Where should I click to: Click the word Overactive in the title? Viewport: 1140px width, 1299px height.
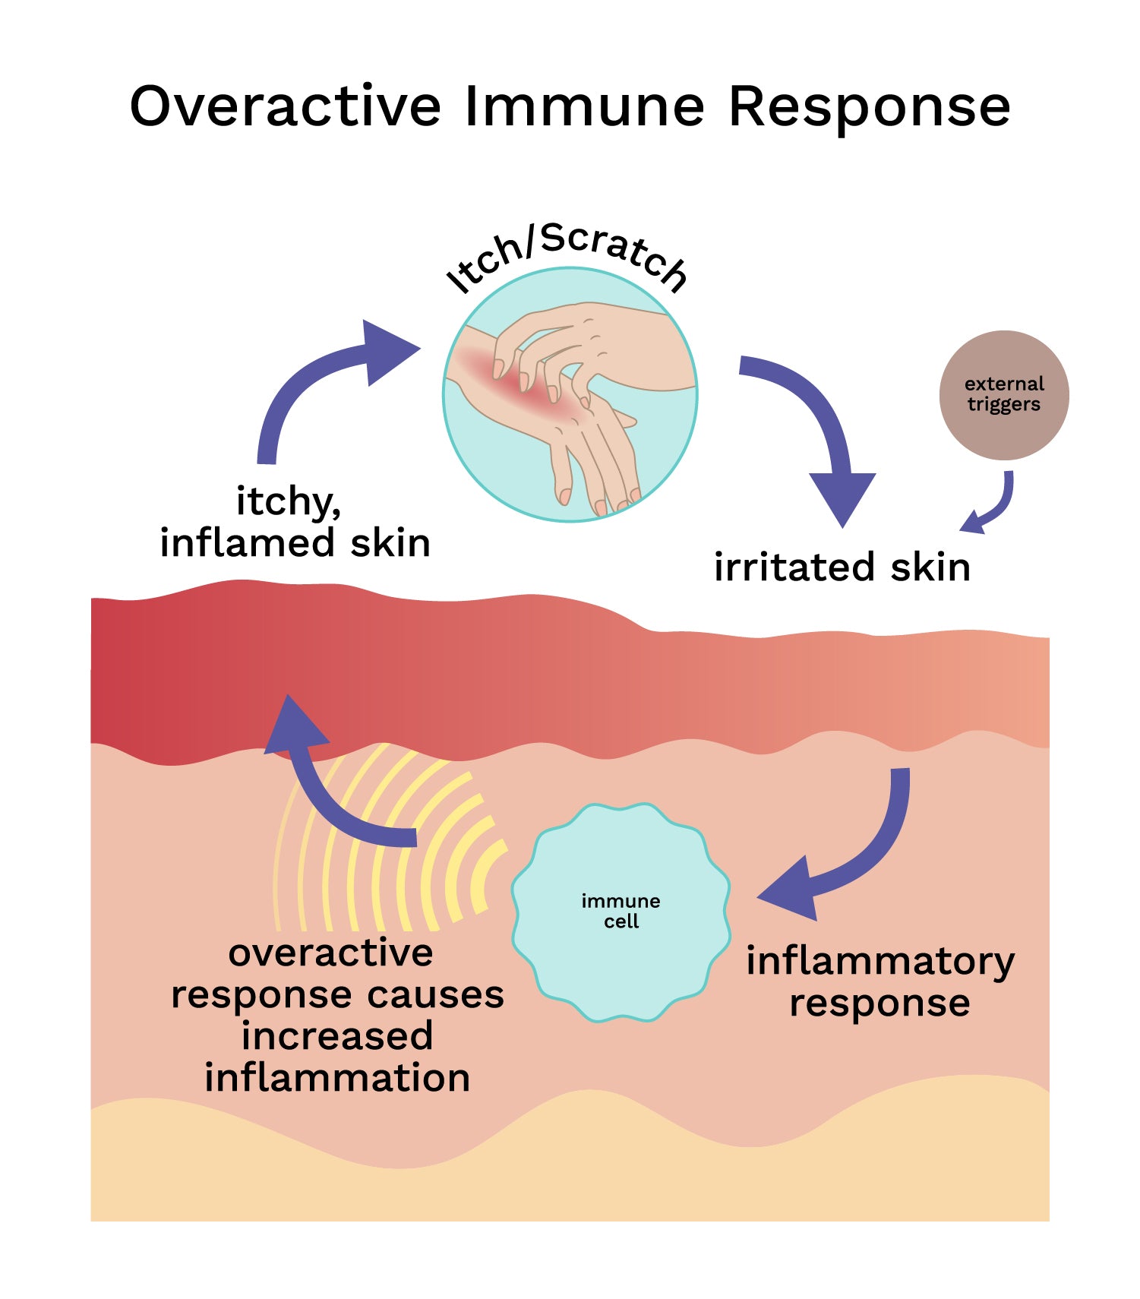(x=285, y=106)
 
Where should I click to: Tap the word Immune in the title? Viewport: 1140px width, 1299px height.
(x=584, y=106)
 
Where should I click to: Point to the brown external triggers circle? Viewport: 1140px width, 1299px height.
(x=1003, y=394)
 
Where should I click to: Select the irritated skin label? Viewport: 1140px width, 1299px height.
(x=842, y=567)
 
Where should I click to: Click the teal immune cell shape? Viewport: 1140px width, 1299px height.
(x=621, y=912)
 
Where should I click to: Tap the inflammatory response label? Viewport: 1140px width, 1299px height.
(x=879, y=981)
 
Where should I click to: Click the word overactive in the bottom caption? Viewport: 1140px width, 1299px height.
(x=330, y=953)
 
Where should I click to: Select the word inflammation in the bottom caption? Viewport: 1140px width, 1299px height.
(x=337, y=1078)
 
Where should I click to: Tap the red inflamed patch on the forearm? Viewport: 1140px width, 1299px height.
(x=524, y=387)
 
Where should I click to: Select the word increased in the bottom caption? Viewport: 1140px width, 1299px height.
(x=337, y=1036)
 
